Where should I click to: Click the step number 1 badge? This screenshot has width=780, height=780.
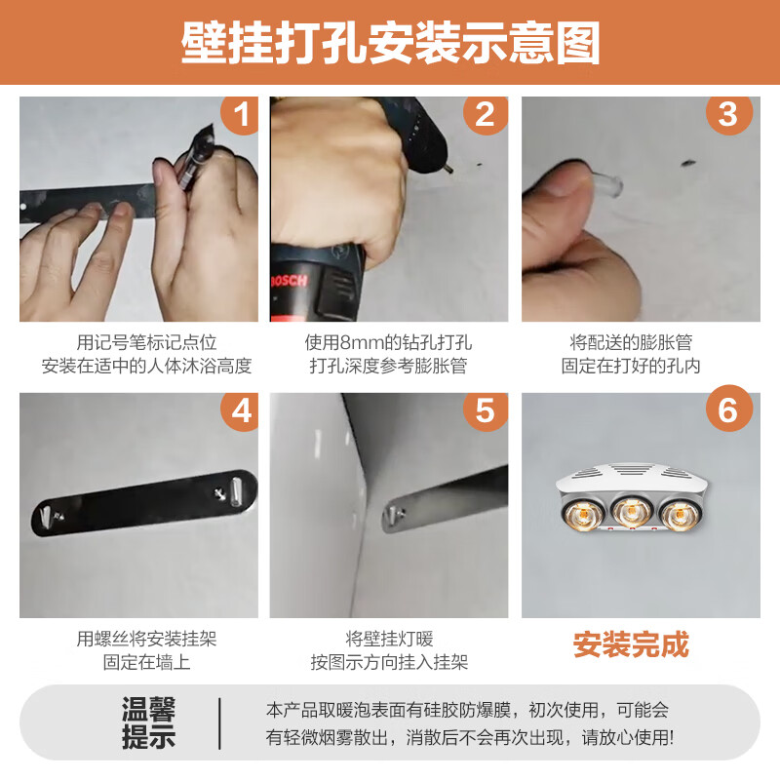[241, 114]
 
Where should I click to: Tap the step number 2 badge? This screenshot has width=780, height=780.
[485, 114]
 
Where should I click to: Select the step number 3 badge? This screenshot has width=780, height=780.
[728, 114]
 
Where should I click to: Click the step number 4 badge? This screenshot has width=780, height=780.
[241, 410]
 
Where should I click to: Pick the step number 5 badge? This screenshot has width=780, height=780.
[485, 410]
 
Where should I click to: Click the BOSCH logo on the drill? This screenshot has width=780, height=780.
[289, 282]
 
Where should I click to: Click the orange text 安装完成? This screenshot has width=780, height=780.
[631, 645]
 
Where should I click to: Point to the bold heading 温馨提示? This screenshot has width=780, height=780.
[149, 722]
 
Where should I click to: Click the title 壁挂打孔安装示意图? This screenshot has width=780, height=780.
[390, 43]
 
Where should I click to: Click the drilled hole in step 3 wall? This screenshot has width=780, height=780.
[688, 162]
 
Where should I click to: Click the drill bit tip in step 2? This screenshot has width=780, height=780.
[451, 170]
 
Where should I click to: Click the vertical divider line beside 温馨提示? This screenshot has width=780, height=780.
[219, 723]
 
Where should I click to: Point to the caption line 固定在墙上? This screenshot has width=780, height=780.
[147, 663]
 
